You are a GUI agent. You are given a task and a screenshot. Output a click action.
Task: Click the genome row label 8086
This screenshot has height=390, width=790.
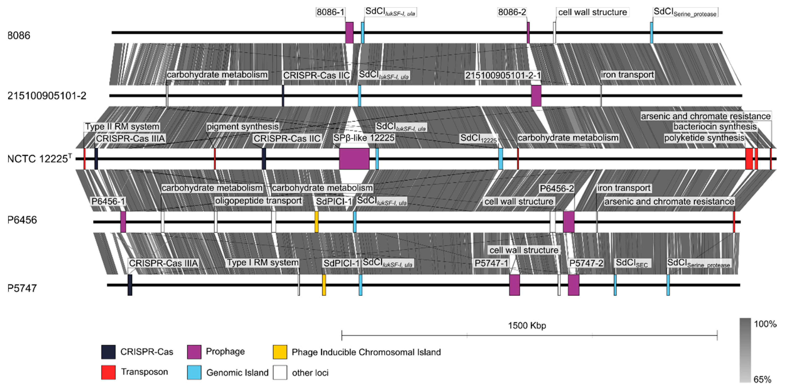19,36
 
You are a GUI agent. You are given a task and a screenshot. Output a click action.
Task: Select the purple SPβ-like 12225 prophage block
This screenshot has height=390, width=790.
354,159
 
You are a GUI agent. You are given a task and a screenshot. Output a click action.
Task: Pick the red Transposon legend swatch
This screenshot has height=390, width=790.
108,372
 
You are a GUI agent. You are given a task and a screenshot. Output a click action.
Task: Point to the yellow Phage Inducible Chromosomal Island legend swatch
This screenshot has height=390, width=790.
280,352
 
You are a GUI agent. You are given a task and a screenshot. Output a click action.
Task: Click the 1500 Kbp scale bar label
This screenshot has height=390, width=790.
527,325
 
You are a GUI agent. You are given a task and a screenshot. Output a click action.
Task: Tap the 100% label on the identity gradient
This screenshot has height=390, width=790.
765,324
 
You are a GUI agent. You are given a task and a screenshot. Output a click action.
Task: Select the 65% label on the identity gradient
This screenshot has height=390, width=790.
762,380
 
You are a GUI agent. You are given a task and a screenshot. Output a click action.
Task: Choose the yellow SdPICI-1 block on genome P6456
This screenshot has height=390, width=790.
317,222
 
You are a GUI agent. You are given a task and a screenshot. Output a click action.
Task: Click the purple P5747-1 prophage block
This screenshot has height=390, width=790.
514,285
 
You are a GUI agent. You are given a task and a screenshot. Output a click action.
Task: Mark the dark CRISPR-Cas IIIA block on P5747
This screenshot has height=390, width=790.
130,285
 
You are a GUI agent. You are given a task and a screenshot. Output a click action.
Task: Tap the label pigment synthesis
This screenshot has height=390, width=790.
242,126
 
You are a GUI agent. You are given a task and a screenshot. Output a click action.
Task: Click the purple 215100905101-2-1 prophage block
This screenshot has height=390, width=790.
536,96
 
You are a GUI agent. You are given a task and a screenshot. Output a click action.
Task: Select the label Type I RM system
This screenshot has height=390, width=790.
262,263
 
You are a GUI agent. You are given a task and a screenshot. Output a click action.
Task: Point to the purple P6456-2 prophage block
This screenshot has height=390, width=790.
569,222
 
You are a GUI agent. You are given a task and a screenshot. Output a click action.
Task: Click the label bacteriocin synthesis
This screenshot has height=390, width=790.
715,126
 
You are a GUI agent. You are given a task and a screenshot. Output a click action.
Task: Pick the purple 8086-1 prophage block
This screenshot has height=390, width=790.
349,32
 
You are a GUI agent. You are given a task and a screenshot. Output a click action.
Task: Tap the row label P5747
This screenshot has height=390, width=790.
22,288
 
